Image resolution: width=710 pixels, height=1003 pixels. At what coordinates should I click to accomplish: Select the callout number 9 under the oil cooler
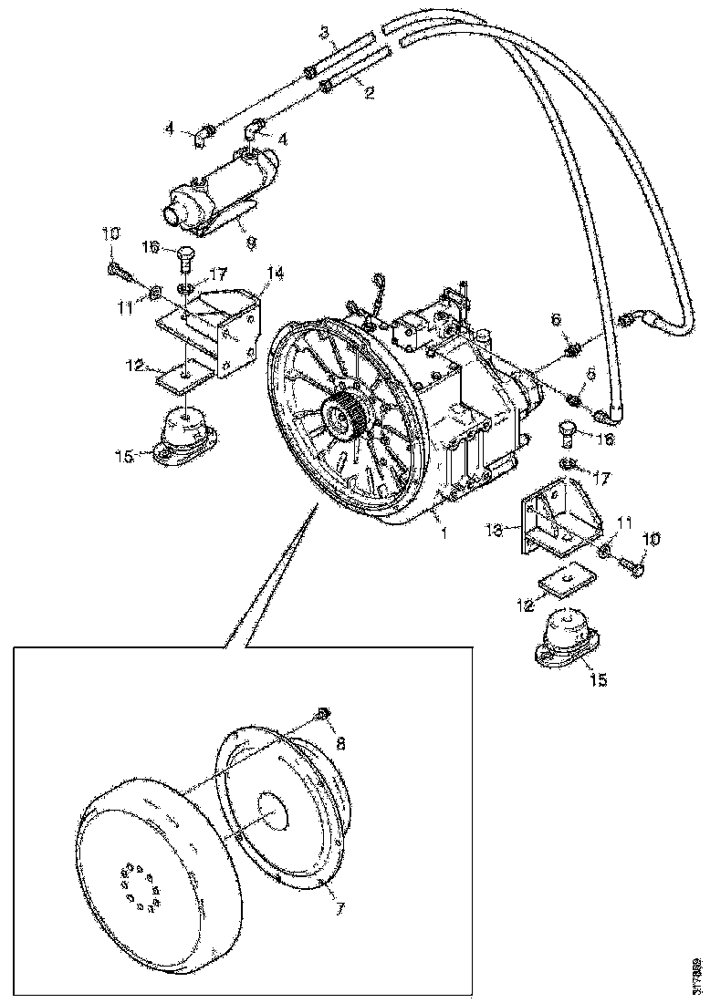[251, 243]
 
